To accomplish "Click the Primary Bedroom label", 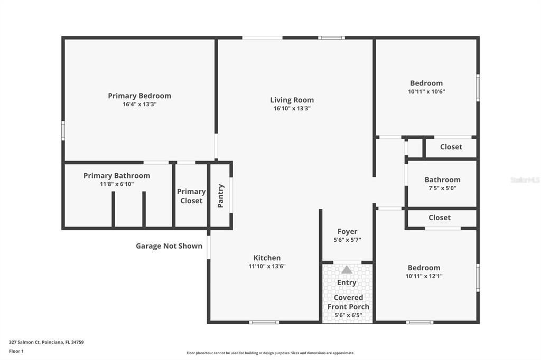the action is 139,96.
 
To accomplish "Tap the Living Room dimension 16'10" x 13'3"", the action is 292,108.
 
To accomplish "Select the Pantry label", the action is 221,196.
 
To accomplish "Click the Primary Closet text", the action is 191,196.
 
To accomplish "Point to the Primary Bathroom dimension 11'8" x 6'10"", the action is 117,184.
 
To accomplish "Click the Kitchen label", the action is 267,258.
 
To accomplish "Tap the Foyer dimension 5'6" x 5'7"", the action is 347,240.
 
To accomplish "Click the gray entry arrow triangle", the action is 347,270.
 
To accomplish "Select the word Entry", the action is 347,283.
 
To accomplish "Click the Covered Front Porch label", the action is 348,302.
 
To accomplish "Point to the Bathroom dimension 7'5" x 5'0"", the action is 442,188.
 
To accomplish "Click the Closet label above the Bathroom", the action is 451,147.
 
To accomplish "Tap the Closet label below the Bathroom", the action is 440,217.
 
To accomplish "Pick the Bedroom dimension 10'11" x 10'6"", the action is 426,92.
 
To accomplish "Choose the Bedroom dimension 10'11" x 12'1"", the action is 424,276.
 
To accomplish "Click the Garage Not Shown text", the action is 169,246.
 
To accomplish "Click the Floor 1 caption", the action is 16,351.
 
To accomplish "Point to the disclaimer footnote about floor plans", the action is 270,353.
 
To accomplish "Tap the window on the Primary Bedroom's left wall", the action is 63,131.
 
